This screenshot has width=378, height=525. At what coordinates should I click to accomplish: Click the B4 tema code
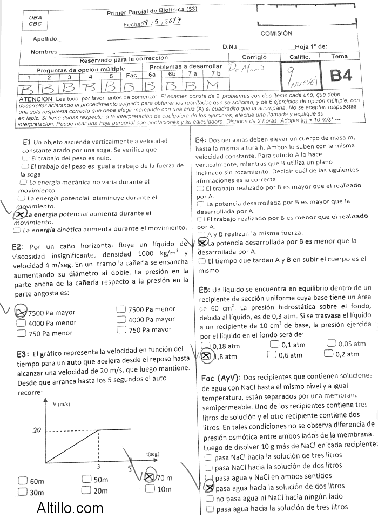click(341, 75)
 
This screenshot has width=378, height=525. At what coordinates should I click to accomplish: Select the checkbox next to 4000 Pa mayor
click(21, 322)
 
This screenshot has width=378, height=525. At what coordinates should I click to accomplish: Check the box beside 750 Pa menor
click(21, 333)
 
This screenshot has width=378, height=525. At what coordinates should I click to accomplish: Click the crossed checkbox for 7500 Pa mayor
click(21, 312)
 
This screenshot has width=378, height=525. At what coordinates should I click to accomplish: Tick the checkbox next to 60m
click(22, 481)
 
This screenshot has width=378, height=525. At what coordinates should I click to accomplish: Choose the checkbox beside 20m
click(86, 490)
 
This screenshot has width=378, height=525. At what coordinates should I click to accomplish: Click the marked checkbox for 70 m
click(150, 477)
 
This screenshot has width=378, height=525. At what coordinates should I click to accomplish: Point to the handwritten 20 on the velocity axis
click(37, 430)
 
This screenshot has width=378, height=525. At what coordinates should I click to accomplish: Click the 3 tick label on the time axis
click(98, 466)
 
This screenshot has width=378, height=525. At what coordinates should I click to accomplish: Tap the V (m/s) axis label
click(61, 404)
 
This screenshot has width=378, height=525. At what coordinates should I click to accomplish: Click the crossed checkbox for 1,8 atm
click(205, 355)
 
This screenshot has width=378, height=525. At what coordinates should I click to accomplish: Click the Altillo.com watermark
click(70, 508)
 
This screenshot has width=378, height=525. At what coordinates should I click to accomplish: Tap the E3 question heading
click(23, 354)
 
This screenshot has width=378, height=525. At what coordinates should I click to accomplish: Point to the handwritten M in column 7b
click(213, 86)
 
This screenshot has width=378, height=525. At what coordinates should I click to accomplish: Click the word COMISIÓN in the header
click(276, 33)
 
